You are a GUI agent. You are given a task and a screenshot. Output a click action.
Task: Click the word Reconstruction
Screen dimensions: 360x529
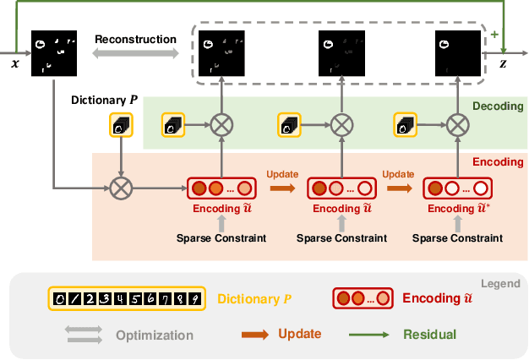(x=135, y=39)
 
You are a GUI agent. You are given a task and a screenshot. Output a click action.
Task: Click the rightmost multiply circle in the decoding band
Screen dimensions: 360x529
(x=457, y=126)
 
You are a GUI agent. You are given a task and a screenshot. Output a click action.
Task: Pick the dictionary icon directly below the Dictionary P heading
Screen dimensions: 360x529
(x=121, y=126)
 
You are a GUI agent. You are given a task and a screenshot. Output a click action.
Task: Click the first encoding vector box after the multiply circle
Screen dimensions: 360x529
(x=220, y=188)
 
